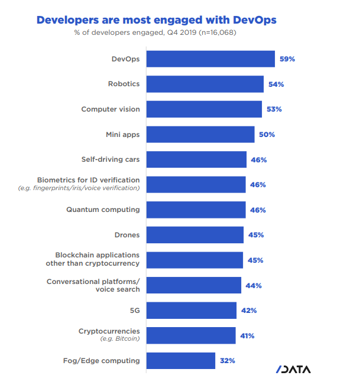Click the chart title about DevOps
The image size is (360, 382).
click(156, 19)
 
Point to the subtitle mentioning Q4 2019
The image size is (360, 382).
click(156, 32)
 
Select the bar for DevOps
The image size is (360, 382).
click(210, 59)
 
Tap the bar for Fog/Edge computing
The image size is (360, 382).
click(180, 360)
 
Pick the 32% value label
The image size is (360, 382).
click(228, 360)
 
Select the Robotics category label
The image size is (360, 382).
click(124, 84)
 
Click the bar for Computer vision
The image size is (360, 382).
click(203, 109)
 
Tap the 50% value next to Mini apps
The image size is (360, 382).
click(267, 135)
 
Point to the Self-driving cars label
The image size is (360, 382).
click(111, 159)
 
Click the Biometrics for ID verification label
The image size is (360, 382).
click(89, 180)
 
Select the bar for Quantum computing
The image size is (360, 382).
click(196, 210)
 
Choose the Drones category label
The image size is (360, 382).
click(127, 235)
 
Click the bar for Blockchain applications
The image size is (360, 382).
click(194, 260)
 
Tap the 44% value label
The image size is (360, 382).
click(254, 285)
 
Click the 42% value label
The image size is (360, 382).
click(249, 310)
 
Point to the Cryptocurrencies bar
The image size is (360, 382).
click(190, 335)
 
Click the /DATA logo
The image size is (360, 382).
click(293, 370)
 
